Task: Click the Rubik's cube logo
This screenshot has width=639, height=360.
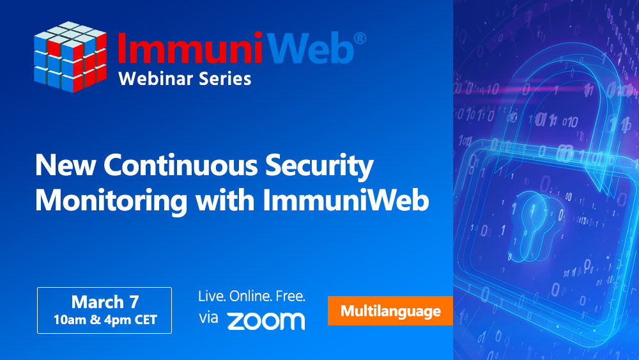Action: point(70,57)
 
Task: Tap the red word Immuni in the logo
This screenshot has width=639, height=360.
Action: point(190,47)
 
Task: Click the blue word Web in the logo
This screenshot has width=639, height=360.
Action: point(311,47)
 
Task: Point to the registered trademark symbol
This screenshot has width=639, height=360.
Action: point(359,38)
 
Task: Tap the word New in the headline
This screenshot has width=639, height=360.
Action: point(66,165)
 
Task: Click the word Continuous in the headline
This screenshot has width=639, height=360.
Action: point(181,165)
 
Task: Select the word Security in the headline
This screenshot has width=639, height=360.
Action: point(319,167)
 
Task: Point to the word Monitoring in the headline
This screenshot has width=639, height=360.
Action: point(111,201)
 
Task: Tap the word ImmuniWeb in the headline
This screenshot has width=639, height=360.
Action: point(346,200)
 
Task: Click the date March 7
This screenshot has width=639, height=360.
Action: point(105,302)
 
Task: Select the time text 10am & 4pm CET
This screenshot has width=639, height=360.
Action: point(105,320)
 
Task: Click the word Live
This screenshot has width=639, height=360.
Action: point(212,296)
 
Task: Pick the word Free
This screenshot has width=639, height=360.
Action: point(291,296)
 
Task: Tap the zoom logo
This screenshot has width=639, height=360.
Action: point(266,321)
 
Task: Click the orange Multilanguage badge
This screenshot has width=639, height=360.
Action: point(390,311)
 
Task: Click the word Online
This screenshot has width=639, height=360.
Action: point(250,296)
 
